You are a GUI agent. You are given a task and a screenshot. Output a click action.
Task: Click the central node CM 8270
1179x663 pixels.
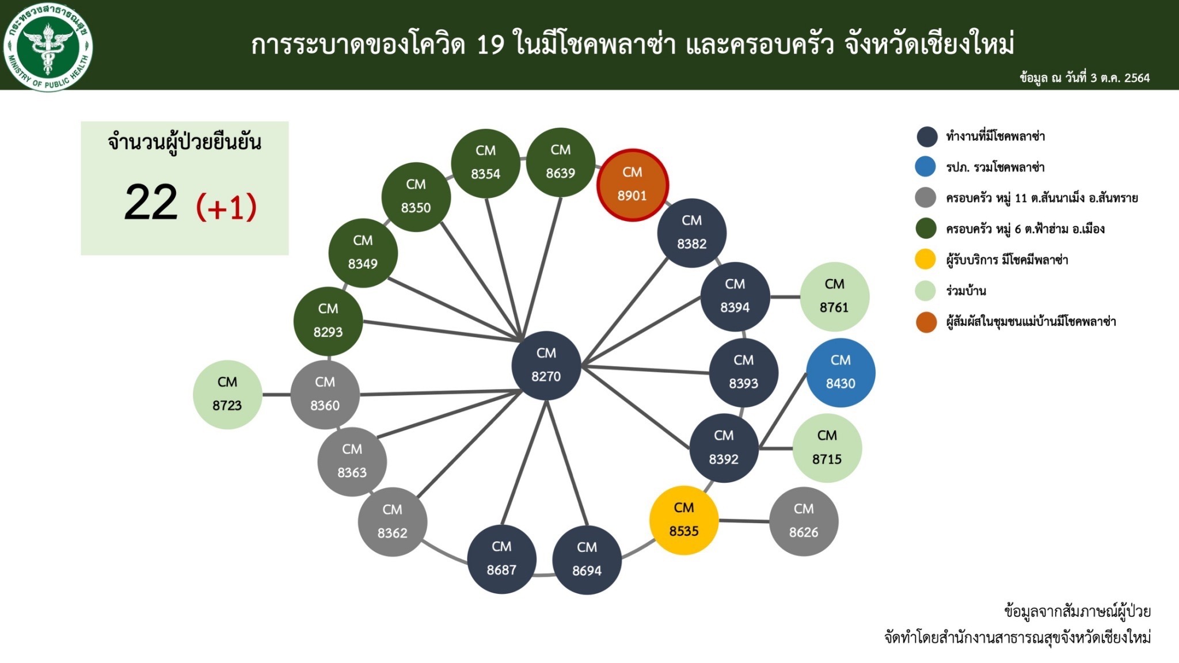[546, 365]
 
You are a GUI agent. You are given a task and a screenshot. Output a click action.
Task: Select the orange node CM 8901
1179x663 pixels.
[632, 185]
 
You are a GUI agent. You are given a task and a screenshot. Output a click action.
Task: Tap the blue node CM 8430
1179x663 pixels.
[840, 372]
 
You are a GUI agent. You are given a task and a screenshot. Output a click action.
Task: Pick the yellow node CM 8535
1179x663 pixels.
[684, 520]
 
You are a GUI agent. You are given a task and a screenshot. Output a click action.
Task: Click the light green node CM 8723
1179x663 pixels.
[227, 395]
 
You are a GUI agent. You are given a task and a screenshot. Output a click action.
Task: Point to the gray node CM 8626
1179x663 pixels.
[804, 521]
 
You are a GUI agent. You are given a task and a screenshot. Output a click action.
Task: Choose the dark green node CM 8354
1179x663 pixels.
[486, 163]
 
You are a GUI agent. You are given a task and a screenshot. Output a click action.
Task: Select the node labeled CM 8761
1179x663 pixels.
[834, 296]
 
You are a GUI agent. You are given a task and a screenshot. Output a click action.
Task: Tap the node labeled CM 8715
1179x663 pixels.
[827, 448]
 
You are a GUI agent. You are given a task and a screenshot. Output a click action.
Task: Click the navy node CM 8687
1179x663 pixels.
[501, 559]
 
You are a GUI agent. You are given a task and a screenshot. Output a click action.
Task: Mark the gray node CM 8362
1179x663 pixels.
[393, 522]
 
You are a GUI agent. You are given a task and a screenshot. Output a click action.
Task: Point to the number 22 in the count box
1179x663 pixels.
[151, 203]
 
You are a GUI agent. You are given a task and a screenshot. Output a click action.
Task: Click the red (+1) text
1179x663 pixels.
[226, 207]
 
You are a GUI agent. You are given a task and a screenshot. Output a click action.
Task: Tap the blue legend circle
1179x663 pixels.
[926, 166]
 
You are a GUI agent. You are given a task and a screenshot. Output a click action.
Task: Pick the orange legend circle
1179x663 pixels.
[926, 322]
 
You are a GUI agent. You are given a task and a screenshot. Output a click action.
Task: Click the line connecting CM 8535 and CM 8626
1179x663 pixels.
[744, 521]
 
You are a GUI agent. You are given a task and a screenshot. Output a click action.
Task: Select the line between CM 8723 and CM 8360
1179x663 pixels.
[276, 395]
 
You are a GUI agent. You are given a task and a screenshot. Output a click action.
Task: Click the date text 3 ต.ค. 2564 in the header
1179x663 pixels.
[1120, 78]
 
